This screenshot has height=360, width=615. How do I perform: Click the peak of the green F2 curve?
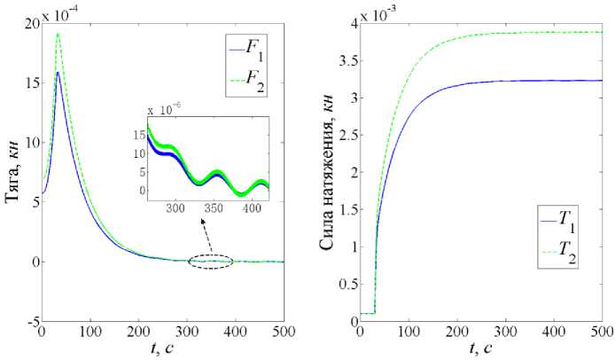58,34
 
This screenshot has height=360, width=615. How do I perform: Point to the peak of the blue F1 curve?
58,72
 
